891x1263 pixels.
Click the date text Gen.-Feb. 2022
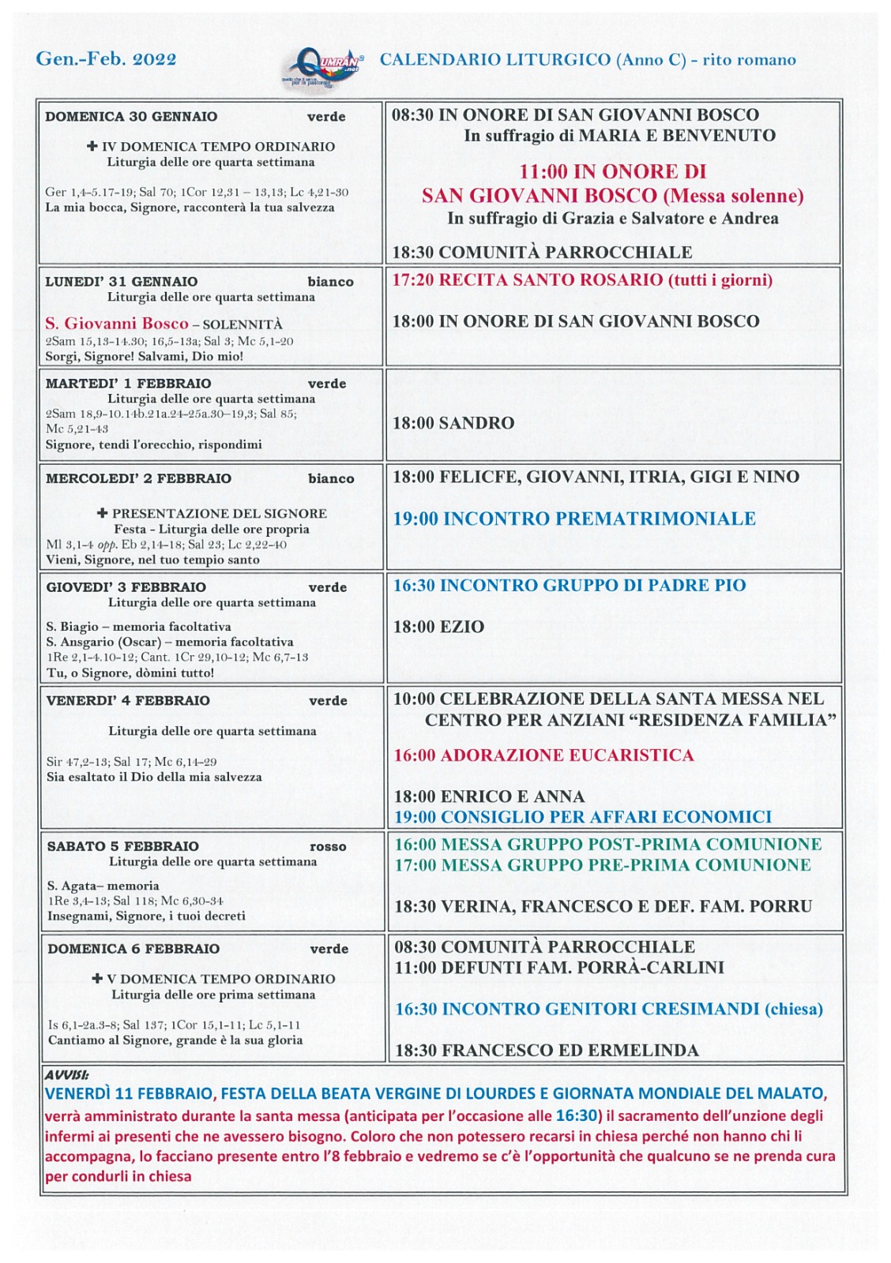click(106, 59)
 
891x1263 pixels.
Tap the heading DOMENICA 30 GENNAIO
click(131, 117)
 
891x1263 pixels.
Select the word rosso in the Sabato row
click(328, 847)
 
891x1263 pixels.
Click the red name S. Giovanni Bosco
click(117, 324)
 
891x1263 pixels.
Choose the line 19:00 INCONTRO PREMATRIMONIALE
click(574, 519)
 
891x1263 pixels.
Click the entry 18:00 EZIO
click(438, 627)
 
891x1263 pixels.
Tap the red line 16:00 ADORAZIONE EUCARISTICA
click(543, 755)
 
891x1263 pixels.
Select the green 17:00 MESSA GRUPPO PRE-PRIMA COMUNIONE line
click(602, 865)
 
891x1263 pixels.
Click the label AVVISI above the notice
click(66, 1074)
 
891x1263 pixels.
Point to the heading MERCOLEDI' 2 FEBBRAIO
click(138, 479)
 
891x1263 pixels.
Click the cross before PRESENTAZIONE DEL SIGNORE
click(102, 513)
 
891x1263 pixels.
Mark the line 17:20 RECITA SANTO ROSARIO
click(582, 280)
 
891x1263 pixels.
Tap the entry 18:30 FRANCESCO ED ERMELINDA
click(547, 1051)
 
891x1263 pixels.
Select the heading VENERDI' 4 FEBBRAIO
click(128, 701)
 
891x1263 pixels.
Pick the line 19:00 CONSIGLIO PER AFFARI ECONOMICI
click(583, 817)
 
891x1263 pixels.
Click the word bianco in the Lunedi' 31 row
click(330, 282)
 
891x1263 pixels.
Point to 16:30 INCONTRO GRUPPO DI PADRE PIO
click(570, 586)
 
